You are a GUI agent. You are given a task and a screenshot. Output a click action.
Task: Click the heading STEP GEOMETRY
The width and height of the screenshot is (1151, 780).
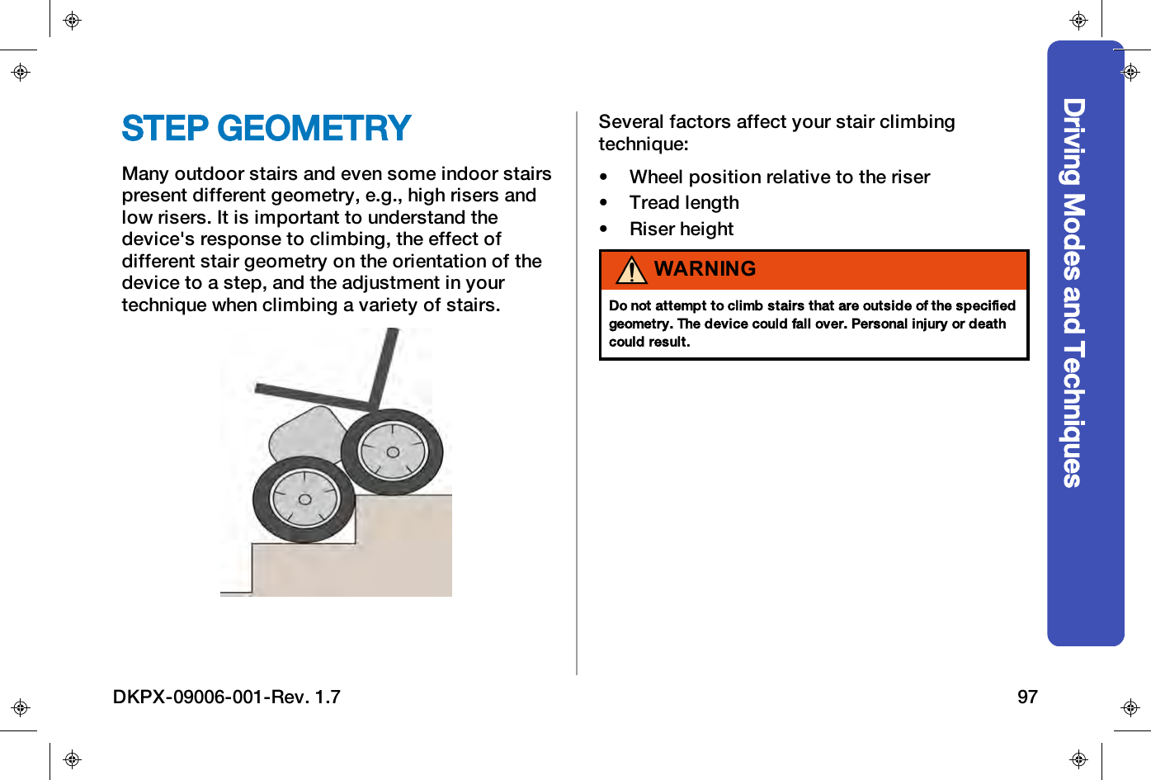coord(266,129)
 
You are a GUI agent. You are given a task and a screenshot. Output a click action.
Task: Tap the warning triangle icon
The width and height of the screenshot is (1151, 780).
coord(631,270)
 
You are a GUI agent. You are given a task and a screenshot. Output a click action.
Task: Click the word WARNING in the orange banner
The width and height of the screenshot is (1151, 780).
coord(705,269)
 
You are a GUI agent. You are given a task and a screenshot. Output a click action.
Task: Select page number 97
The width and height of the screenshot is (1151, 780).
coord(1027,697)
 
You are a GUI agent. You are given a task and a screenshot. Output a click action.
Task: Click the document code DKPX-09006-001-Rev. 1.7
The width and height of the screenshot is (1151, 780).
coord(227,697)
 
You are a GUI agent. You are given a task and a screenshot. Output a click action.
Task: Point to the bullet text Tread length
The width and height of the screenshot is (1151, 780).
coord(684,203)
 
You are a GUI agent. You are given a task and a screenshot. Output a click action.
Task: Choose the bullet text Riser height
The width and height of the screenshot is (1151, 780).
coord(682,229)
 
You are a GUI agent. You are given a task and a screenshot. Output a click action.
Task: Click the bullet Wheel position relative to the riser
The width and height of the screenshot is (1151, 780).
coord(779,177)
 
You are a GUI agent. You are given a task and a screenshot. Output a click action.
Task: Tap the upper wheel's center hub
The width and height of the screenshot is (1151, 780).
coord(393,451)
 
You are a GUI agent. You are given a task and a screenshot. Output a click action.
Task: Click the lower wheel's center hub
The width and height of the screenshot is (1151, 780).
coord(304,499)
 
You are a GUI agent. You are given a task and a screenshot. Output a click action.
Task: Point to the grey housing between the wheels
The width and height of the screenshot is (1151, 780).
coord(307,433)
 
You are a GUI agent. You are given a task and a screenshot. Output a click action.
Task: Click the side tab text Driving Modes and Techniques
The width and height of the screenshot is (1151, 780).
coord(1073,293)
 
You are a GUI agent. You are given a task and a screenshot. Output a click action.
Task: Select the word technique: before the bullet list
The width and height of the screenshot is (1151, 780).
coord(643,144)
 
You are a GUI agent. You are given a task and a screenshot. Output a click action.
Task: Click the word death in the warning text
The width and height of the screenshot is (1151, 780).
coord(987,324)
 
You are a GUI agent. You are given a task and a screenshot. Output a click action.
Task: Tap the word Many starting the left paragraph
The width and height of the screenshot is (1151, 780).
coord(145,174)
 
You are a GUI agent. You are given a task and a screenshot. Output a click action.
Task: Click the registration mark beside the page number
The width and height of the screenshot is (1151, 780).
coord(1130,707)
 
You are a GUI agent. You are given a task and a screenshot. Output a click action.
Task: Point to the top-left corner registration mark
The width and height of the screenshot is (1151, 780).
coord(73,21)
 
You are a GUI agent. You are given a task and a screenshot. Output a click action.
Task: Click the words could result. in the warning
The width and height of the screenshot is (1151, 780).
coord(649,342)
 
